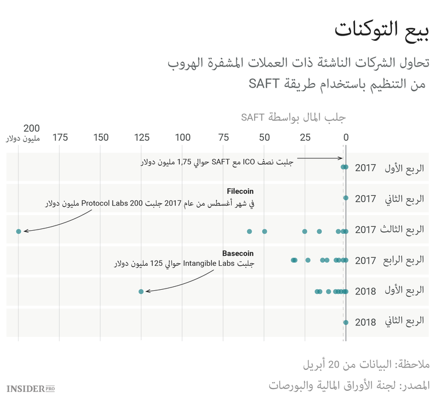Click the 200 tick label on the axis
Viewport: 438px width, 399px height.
pyautogui.click(x=32, y=128)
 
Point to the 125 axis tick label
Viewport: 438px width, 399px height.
pyautogui.click(x=141, y=137)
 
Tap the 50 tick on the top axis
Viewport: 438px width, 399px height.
pyautogui.click(x=265, y=137)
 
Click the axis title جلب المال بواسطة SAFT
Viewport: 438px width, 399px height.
pyautogui.click(x=293, y=117)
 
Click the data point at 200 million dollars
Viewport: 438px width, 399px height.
pyautogui.click(x=19, y=231)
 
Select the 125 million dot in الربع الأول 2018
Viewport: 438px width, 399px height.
pyautogui.click(x=141, y=291)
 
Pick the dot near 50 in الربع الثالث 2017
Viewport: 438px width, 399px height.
pyautogui.click(x=265, y=231)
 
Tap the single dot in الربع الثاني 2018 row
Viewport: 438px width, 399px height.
pyautogui.click(x=346, y=322)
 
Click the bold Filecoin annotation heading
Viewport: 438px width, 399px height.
pyautogui.click(x=240, y=192)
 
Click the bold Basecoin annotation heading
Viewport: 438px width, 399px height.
pyautogui.click(x=238, y=254)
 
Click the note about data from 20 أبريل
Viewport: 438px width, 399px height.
pyautogui.click(x=366, y=365)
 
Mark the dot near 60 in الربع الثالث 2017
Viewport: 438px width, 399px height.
pyautogui.click(x=249, y=231)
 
